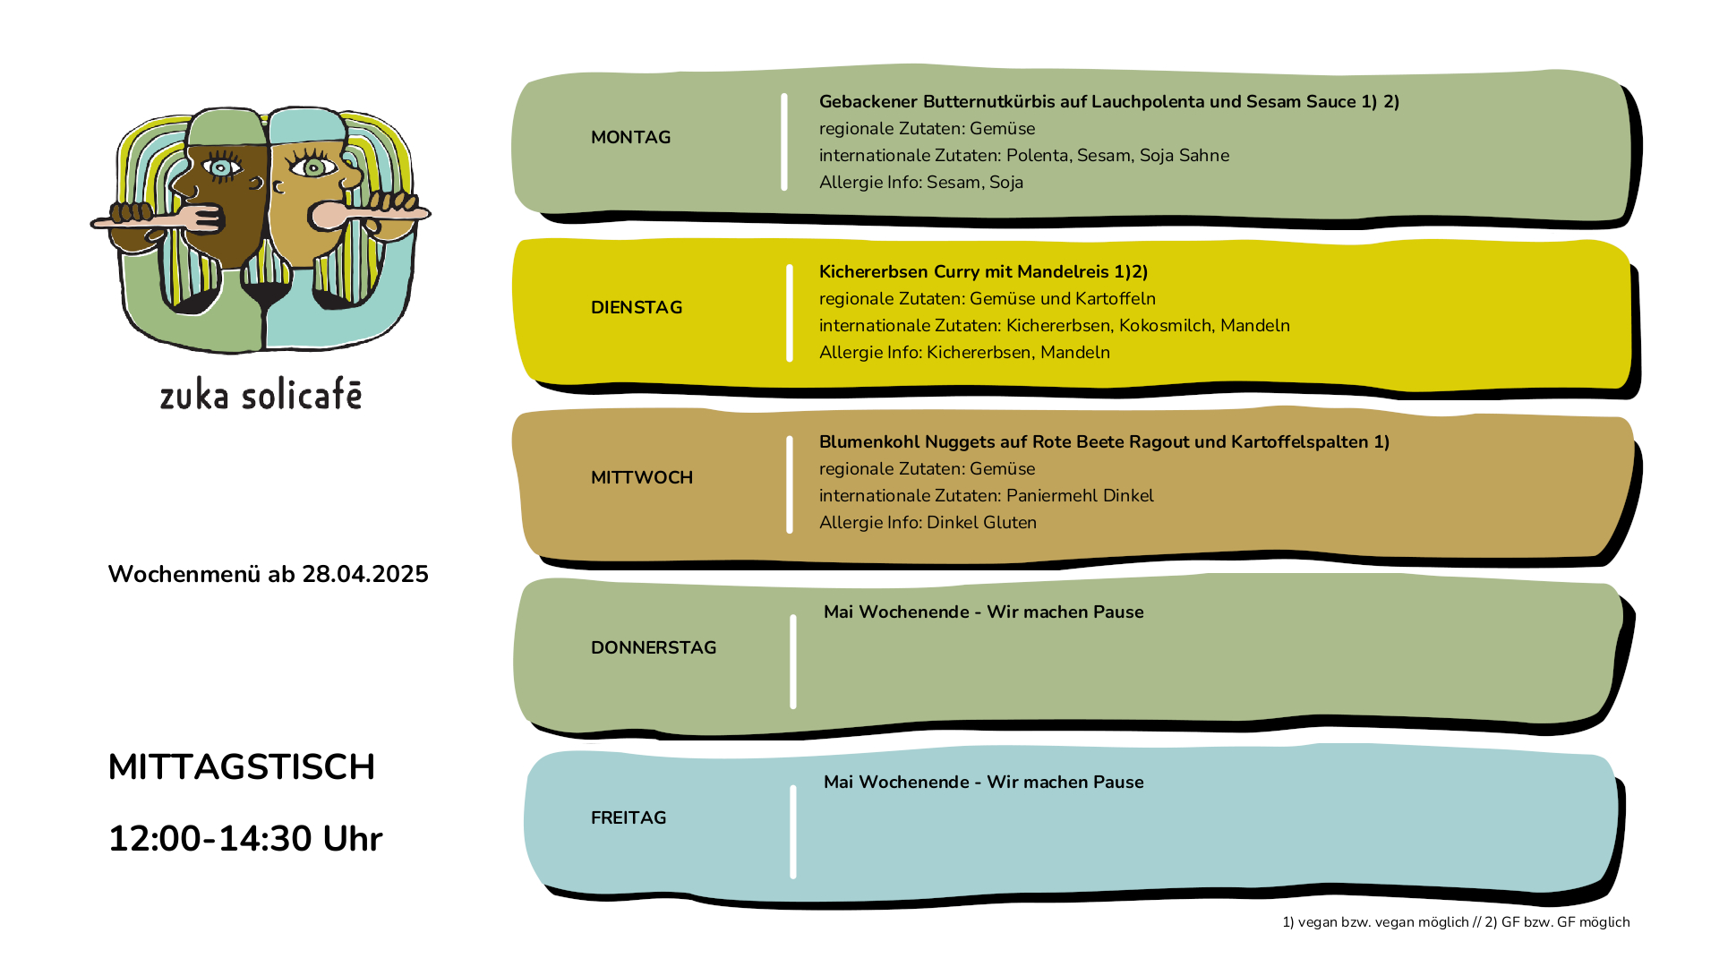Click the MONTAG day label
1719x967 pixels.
click(630, 137)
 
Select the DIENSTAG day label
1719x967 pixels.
click(637, 307)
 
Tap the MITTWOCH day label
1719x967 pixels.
click(642, 477)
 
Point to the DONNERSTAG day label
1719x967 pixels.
click(654, 647)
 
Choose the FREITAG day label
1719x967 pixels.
click(629, 817)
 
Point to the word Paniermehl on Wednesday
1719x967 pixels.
click(1052, 495)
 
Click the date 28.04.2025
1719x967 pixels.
click(365, 574)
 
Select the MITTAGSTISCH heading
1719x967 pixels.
click(242, 767)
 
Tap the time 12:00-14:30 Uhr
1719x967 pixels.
click(245, 839)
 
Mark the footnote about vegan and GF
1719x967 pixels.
click(1456, 922)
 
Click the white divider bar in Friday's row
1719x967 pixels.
click(793, 832)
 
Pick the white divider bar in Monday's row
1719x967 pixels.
click(784, 141)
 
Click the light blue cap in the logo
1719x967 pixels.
click(306, 125)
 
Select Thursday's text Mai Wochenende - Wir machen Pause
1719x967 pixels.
click(984, 612)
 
